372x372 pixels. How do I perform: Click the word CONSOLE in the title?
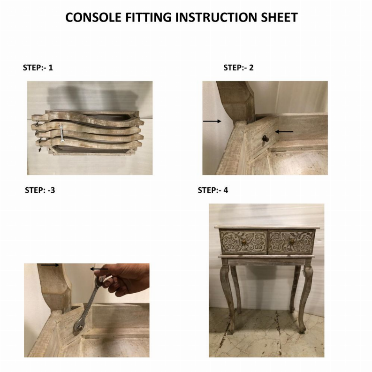pos(93,17)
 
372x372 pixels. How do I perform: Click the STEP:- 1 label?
pos(38,68)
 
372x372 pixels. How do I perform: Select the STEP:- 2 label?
pos(238,68)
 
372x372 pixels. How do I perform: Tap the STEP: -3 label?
pos(40,190)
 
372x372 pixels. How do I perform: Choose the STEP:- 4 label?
pos(213,190)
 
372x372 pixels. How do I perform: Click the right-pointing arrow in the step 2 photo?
pos(212,121)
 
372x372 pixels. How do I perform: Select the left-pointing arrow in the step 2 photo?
pos(284,131)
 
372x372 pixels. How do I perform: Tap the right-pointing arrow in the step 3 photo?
pos(50,265)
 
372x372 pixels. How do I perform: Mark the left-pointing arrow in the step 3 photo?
pos(99,269)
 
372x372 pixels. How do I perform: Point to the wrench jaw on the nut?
pos(78,328)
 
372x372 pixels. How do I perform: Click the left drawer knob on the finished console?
pos(243,242)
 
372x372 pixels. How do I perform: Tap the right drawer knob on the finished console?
pos(292,242)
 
